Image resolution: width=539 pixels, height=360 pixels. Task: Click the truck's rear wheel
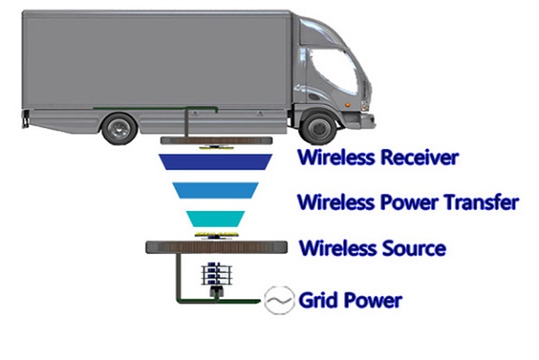(x=119, y=127)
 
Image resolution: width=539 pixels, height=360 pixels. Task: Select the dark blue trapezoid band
(x=216, y=161)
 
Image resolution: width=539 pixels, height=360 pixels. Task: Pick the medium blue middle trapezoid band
(x=216, y=189)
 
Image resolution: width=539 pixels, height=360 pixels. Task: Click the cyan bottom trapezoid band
(x=216, y=218)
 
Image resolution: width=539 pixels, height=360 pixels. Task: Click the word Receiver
(x=415, y=159)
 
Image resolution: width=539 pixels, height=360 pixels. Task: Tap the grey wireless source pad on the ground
(x=216, y=246)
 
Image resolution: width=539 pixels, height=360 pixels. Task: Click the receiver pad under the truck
(x=216, y=142)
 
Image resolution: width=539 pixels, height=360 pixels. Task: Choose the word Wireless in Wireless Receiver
(x=332, y=159)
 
